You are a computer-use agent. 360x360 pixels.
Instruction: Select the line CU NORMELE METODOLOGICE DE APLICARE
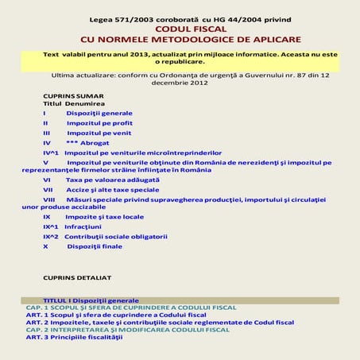[179, 38]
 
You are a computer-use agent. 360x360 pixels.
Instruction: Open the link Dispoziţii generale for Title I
[99, 114]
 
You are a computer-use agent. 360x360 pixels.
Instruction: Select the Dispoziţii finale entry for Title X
[95, 246]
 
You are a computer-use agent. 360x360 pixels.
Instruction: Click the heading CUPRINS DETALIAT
[77, 277]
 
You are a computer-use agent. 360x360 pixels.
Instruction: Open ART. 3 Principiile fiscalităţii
[74, 338]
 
